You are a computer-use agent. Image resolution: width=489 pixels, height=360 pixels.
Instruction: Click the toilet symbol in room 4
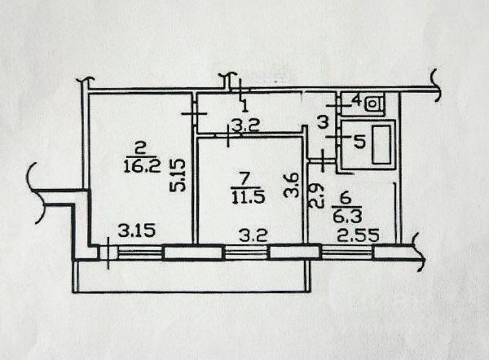(375, 103)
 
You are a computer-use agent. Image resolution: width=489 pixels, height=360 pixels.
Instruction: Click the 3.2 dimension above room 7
(244, 126)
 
